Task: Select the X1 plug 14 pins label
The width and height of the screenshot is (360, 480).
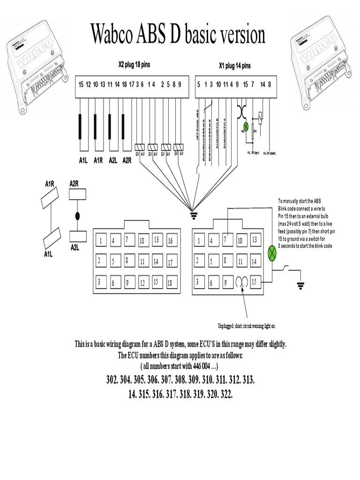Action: point(234,66)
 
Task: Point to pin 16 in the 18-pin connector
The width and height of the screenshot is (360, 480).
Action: point(170,241)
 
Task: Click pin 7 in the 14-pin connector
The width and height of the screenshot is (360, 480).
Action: point(226,240)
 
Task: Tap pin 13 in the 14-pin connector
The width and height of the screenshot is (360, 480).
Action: point(255,240)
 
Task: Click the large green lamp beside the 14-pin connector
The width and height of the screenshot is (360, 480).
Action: point(272,253)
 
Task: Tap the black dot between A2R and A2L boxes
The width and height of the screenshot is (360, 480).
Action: point(77,216)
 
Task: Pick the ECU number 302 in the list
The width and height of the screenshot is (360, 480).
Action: point(112,379)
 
